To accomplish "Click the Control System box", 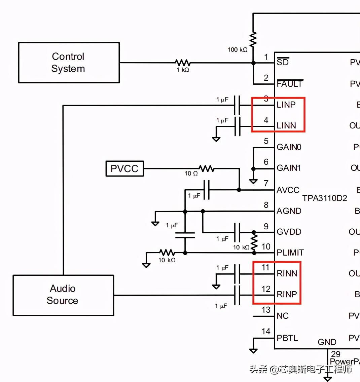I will [x=69, y=63].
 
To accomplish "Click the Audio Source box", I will [x=63, y=295].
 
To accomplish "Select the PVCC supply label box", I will [x=124, y=168].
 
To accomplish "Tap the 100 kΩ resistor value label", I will [x=238, y=50].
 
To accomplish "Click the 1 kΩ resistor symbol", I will [x=183, y=63].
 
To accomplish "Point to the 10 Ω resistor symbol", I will [x=206, y=168].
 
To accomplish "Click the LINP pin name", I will [x=286, y=105].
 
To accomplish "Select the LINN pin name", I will [x=286, y=126].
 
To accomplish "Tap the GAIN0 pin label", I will [x=289, y=147].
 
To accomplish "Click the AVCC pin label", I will [x=288, y=190].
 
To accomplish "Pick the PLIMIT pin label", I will [x=290, y=253].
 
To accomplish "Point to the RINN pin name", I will [x=287, y=274].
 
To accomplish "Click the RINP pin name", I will [x=287, y=295].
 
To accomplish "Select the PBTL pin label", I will [x=287, y=338].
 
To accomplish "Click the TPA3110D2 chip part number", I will [x=324, y=198].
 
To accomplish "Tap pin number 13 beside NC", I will [x=266, y=310].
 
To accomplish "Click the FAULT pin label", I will [x=290, y=84].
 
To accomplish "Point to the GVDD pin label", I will [x=289, y=232].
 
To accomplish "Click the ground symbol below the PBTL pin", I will [x=253, y=350].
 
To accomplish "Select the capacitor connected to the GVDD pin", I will [x=237, y=232].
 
